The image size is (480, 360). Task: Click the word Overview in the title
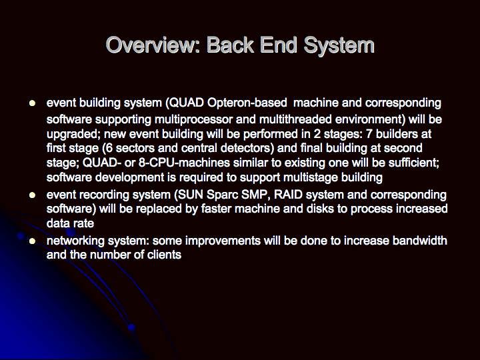(153, 45)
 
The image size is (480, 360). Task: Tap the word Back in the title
(231, 45)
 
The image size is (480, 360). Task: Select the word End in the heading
(279, 45)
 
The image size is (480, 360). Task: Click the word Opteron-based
(247, 103)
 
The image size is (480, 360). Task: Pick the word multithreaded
(295, 119)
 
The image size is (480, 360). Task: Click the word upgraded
(75, 135)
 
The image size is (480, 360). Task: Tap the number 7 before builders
(369, 134)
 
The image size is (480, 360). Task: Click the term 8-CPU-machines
(184, 162)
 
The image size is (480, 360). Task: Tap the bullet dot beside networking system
(32, 241)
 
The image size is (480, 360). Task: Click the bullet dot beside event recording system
(32, 195)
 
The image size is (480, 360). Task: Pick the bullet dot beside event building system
(32, 103)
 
